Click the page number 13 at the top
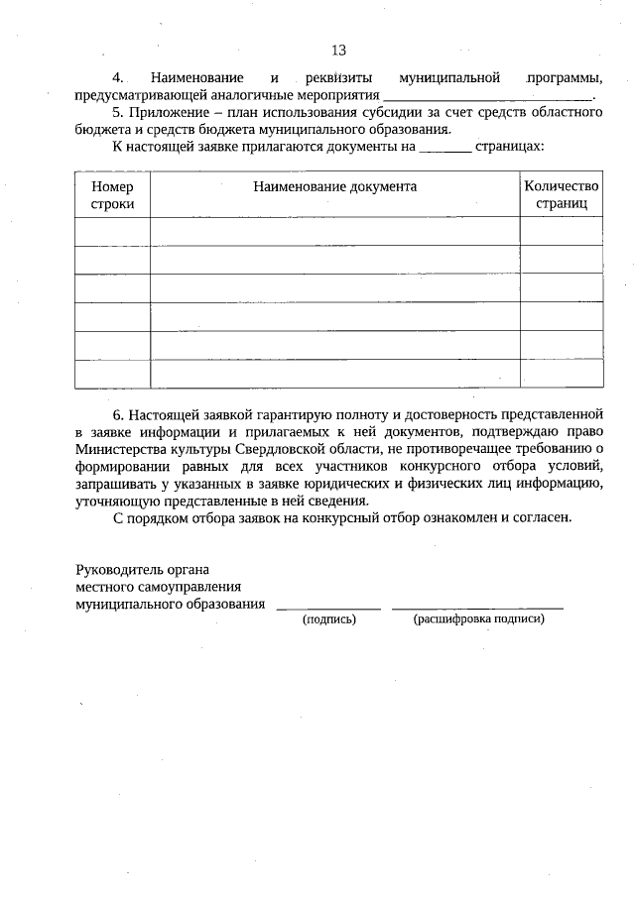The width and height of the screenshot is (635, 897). (x=338, y=51)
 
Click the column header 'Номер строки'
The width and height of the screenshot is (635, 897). (x=112, y=194)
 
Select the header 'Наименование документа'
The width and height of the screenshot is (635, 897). (x=334, y=186)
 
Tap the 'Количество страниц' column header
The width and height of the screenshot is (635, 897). (x=562, y=194)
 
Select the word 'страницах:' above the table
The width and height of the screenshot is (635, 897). (x=510, y=146)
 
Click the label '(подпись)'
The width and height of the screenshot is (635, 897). (x=328, y=618)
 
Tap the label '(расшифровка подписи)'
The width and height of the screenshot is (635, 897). (x=478, y=618)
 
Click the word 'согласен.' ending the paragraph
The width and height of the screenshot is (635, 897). (x=543, y=516)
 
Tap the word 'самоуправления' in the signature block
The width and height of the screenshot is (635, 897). (x=192, y=586)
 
